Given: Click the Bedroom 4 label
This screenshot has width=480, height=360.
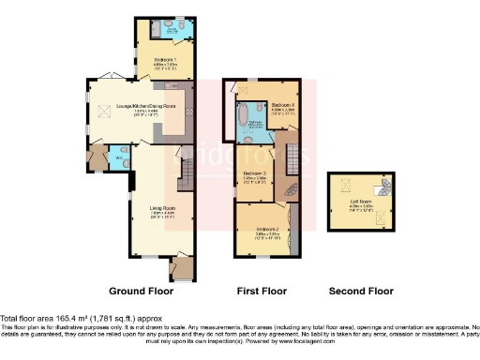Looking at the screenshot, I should point(283,105).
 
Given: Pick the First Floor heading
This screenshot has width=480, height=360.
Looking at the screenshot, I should point(261,291).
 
